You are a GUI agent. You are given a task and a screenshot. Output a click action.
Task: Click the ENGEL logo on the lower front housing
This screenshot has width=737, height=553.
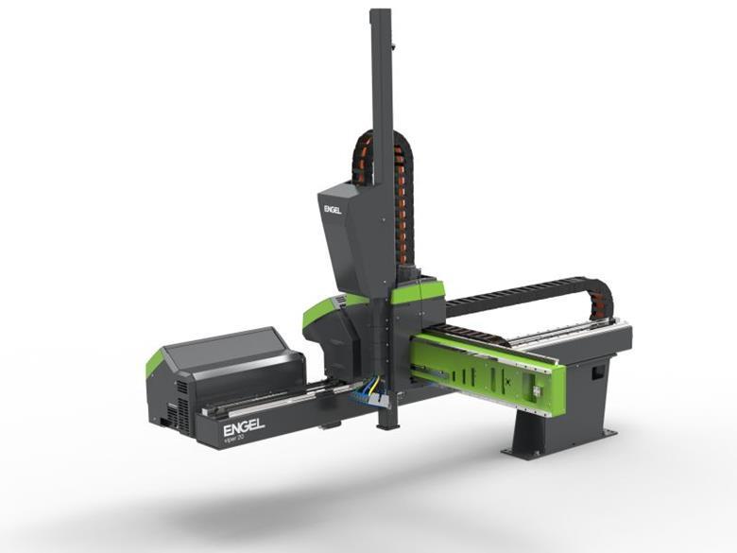click(244, 427)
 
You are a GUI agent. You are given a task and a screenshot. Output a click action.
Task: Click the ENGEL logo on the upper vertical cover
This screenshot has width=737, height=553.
click(333, 209)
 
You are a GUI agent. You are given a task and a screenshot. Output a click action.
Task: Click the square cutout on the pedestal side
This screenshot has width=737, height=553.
click(596, 372)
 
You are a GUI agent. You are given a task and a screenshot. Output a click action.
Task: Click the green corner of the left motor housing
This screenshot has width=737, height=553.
click(154, 361)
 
